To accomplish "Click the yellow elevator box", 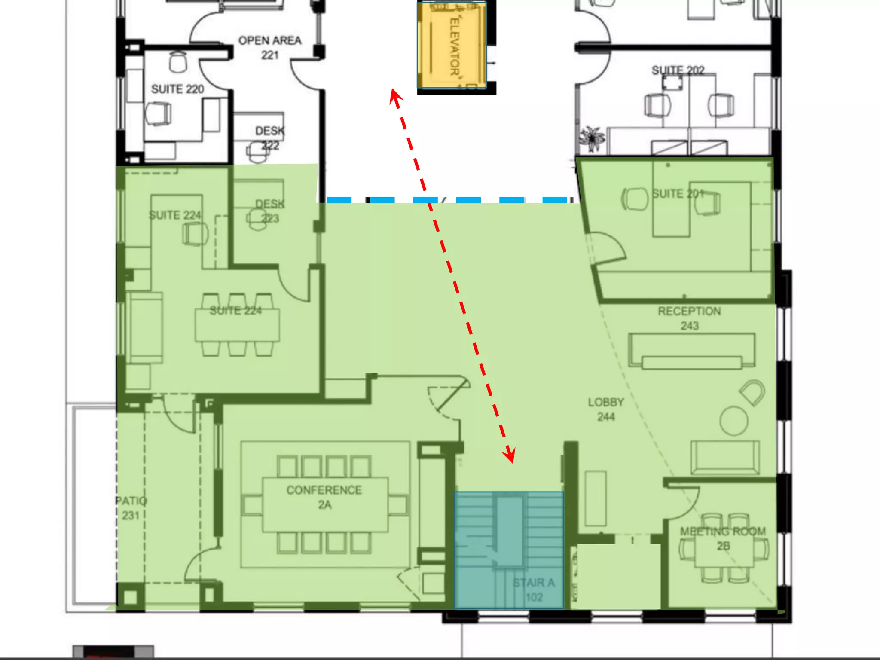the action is point(452,45).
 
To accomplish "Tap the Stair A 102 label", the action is point(534,590).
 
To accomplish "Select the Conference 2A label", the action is point(324,497).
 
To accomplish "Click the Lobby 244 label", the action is point(606,409).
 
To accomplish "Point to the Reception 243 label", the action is point(689,318).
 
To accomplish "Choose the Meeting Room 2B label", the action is point(723,538).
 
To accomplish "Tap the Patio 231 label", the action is point(131,508).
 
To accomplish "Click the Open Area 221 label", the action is point(270,48).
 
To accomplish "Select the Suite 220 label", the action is point(177,89).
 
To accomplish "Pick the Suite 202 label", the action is point(678,70).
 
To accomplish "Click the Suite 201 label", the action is point(678,194).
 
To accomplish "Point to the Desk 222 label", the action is point(270,138).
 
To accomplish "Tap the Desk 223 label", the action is point(270,211).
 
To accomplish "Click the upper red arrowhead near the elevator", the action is point(394,97).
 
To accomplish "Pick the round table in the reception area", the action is point(734,421).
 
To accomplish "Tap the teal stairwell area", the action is point(509,550).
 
